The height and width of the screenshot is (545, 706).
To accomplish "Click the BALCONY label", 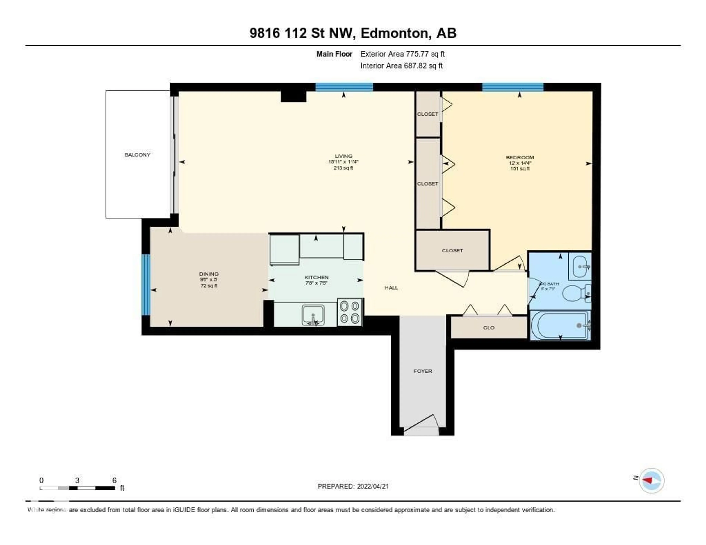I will [137, 155].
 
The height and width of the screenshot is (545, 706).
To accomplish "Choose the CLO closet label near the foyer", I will [489, 328].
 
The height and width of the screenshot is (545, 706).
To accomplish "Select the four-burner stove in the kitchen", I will [350, 312].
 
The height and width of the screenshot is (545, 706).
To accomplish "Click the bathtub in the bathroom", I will [560, 325].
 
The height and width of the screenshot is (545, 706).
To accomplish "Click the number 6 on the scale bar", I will [114, 480].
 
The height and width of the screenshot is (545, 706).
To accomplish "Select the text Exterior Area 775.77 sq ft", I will [402, 54].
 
